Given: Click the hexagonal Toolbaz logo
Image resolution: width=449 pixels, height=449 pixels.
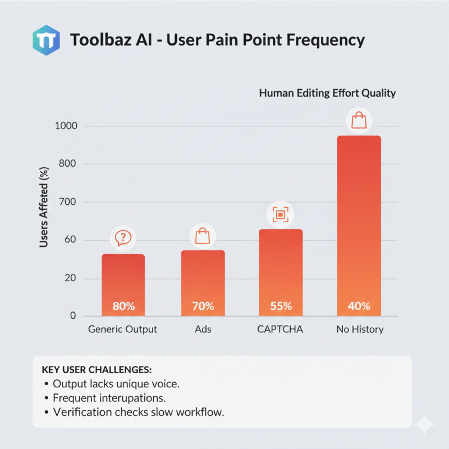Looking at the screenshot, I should [46, 39].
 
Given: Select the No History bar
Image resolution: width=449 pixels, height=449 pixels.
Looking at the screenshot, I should [359, 224].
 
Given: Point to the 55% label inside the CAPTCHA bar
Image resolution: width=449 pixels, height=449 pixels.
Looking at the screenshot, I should [281, 306].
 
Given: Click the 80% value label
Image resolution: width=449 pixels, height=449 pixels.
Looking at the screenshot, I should [123, 306].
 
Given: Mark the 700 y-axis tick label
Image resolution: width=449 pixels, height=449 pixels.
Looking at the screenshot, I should [68, 202].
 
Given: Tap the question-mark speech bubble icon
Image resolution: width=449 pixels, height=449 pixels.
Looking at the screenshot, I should [123, 238].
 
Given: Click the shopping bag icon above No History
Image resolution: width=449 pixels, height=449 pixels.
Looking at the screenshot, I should [359, 120].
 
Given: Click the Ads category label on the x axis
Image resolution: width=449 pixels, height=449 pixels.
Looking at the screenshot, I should [203, 329].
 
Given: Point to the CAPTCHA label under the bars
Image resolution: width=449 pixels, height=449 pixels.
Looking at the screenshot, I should [280, 329].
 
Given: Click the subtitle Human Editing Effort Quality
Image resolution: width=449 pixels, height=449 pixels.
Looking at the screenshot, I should [327, 93].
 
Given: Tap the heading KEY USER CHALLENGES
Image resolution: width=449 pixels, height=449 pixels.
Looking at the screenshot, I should [97, 370].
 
